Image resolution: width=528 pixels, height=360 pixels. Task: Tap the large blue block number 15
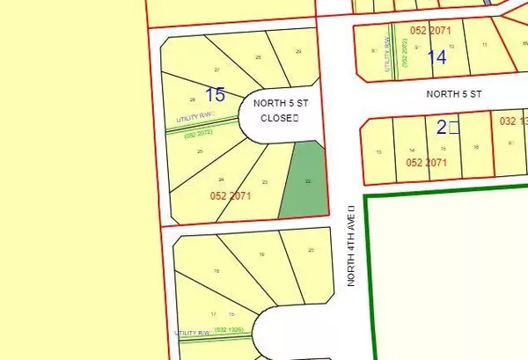click(215, 93)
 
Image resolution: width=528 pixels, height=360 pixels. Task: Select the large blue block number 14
click(436, 57)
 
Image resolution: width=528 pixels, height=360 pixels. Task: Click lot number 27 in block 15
click(216, 69)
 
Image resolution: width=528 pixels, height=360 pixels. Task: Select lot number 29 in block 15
click(298, 53)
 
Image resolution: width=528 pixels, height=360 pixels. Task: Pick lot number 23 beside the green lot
click(264, 181)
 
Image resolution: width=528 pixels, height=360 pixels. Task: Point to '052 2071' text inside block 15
click(231, 195)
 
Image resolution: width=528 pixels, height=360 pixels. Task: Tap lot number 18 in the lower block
click(216, 270)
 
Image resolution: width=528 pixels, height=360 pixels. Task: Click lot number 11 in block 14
click(483, 44)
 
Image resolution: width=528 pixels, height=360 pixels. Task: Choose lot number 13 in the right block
click(378, 152)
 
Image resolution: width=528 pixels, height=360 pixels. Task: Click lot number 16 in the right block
click(475, 147)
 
